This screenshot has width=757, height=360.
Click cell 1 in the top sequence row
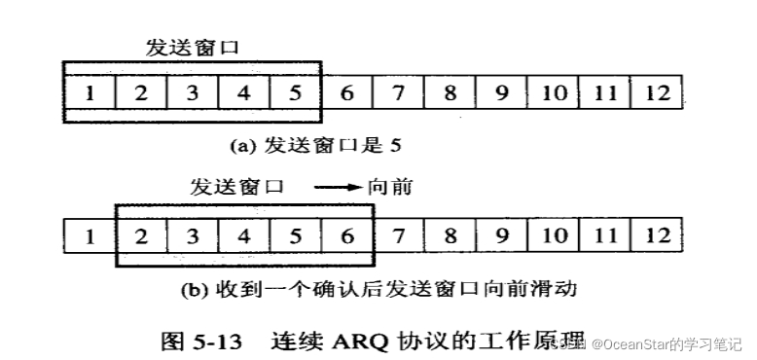tap(90, 93)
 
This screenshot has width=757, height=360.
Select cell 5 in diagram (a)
tap(294, 93)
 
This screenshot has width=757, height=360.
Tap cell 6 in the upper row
tap(345, 93)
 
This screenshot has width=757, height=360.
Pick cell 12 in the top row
tap(658, 93)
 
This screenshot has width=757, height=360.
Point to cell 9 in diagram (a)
tap(501, 93)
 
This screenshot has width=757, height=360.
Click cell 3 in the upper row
tap(192, 93)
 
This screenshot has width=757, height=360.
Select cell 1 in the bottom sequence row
tap(90, 234)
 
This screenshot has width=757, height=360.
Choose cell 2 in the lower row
tap(142, 234)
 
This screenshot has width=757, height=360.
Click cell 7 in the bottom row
tap(399, 234)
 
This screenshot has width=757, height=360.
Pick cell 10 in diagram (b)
tap(554, 234)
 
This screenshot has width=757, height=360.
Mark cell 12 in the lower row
tap(658, 234)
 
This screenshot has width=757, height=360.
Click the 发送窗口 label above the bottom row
tap(239, 187)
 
